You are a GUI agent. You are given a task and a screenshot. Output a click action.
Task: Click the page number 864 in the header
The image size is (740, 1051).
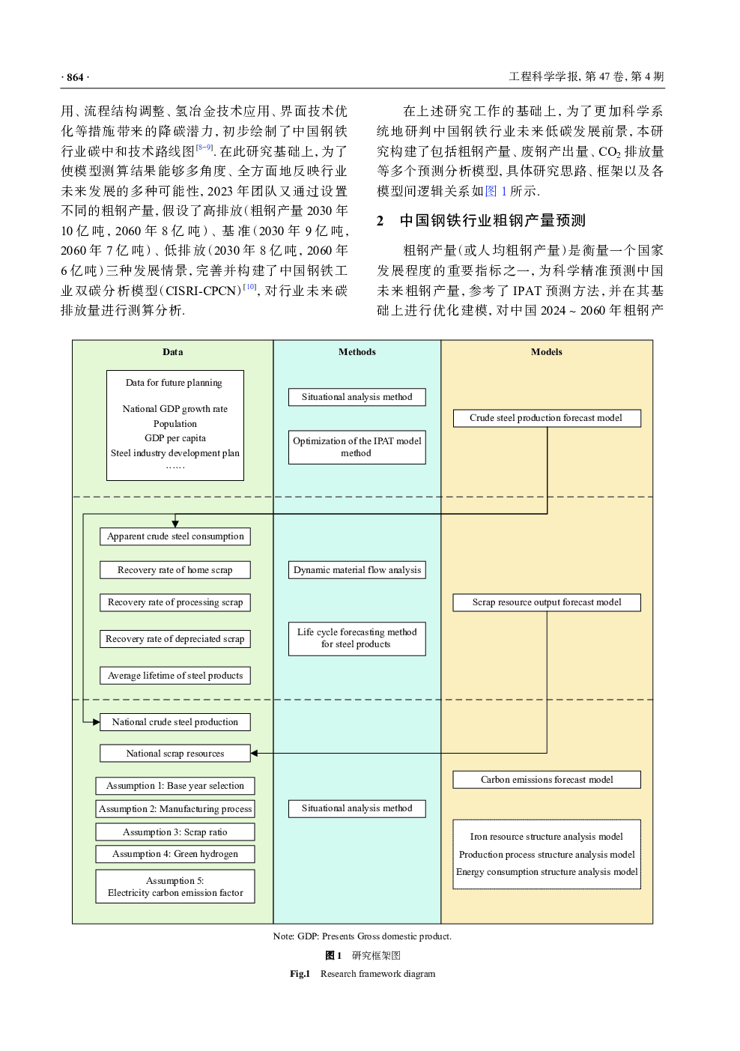[x=75, y=77]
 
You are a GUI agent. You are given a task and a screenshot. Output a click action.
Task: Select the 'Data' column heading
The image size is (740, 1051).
[x=173, y=352]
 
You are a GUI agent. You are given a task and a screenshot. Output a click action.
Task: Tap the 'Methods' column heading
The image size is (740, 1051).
[x=357, y=352]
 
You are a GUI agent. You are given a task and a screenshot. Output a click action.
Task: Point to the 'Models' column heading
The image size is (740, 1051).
[x=547, y=352]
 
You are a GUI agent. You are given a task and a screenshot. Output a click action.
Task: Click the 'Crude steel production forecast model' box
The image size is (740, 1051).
[x=547, y=418]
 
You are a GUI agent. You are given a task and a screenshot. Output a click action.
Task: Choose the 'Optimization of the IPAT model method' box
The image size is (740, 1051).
[x=357, y=447]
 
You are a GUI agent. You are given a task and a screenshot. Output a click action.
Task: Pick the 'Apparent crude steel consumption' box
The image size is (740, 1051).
[x=175, y=536]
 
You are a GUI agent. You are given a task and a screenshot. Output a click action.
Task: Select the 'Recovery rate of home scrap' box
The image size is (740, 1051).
[x=175, y=570]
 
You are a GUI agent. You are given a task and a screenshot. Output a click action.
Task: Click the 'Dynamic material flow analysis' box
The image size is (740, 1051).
[x=357, y=570]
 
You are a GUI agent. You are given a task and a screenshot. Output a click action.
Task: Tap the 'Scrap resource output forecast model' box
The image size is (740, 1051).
[x=547, y=602]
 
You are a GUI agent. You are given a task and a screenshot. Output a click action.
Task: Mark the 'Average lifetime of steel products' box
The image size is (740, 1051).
[x=175, y=676]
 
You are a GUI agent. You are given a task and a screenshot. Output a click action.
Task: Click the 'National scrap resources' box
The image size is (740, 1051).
[x=175, y=754]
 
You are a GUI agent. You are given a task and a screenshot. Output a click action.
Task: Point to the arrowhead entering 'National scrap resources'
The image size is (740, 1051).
[x=254, y=754]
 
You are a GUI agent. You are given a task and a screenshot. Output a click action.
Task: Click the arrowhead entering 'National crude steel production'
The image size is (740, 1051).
[x=96, y=722]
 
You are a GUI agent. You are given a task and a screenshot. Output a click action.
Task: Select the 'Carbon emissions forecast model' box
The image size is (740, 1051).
[x=547, y=780]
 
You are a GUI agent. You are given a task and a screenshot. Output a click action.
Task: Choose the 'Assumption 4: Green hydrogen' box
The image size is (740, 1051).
[x=175, y=854]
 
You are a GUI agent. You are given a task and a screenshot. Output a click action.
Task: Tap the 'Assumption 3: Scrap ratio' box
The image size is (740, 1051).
[x=175, y=832]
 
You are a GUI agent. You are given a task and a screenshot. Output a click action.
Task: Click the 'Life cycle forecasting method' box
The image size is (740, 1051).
[x=357, y=638]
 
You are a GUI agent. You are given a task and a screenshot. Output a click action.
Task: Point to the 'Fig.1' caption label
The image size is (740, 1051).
[x=300, y=974]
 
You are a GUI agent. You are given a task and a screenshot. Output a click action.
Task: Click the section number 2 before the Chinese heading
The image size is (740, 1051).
[x=380, y=221]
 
